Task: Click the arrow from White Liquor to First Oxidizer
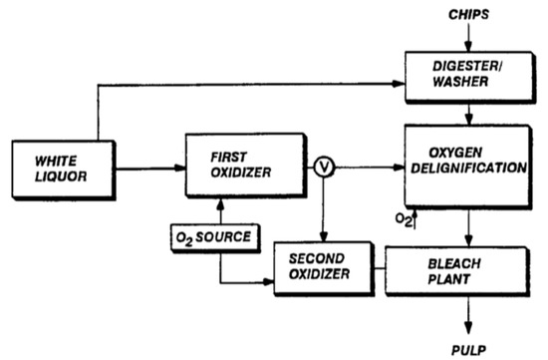pos(149,167)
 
